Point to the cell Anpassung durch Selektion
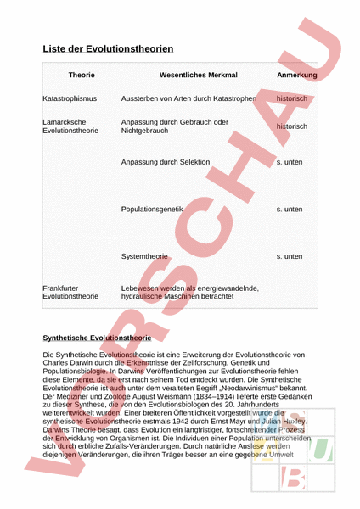pos(165,161)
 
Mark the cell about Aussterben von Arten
pos(188,98)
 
